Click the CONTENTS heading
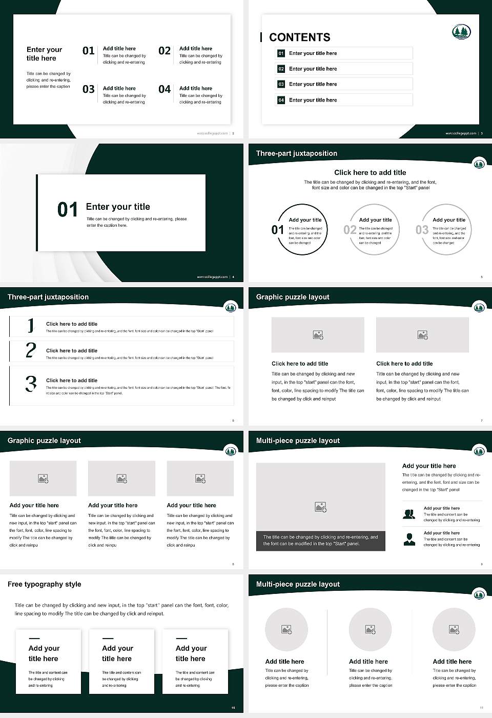(300, 37)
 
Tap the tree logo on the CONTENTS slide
(461, 32)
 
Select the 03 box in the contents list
(281, 84)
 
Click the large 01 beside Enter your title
(68, 210)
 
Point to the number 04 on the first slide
(165, 90)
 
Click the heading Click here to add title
(370, 173)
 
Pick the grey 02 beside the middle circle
(350, 230)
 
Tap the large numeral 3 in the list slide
(31, 384)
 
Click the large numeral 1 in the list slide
(31, 325)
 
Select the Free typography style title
(45, 584)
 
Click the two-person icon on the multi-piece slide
(409, 514)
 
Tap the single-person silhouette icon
(409, 539)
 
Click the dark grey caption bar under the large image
(320, 541)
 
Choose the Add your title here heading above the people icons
(429, 466)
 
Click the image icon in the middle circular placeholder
(370, 629)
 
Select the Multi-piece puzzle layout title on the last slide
(298, 584)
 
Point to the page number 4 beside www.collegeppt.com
(233, 277)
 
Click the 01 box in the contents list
(281, 53)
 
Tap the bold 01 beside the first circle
(278, 230)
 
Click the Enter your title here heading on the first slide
(44, 54)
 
